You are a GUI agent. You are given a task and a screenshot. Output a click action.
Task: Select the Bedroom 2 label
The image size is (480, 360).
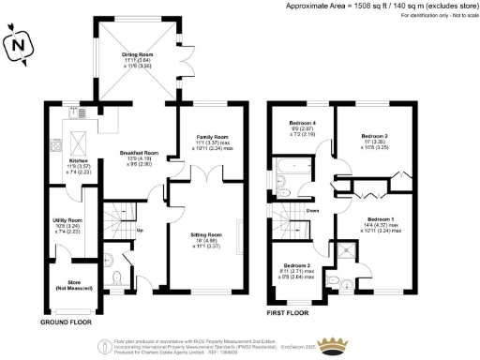coord(374,136)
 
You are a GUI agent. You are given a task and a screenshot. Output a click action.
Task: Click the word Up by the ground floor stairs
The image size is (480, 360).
coord(141,231)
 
